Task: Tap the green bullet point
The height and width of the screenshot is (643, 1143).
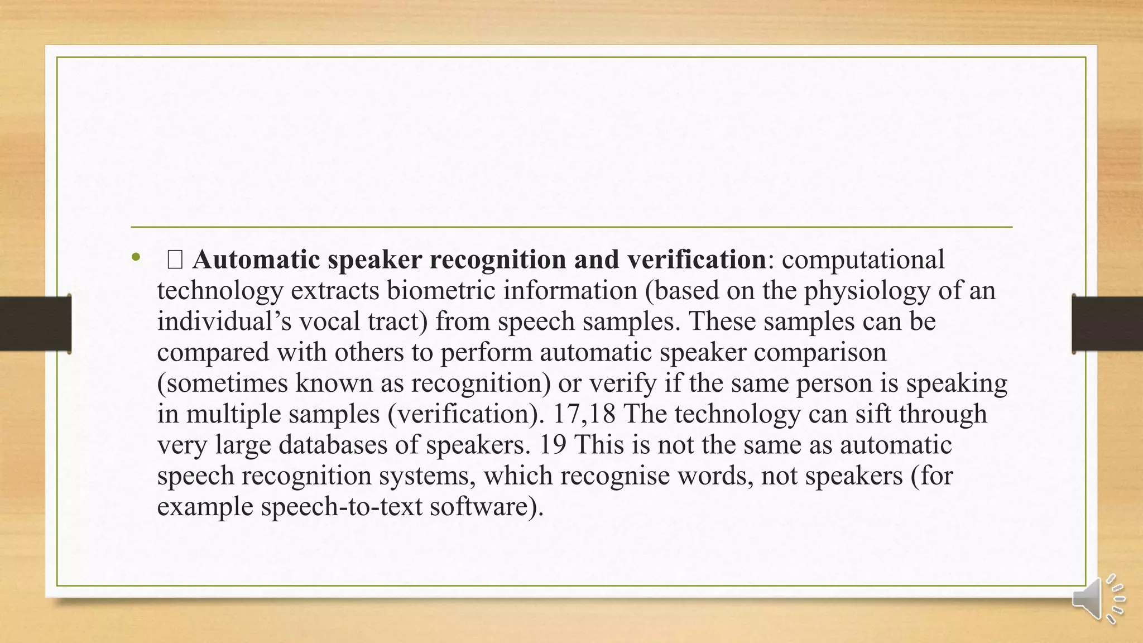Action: pos(136,257)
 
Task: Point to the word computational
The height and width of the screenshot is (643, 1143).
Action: pos(863,260)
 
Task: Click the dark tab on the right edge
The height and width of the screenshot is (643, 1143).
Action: pos(1107,324)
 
